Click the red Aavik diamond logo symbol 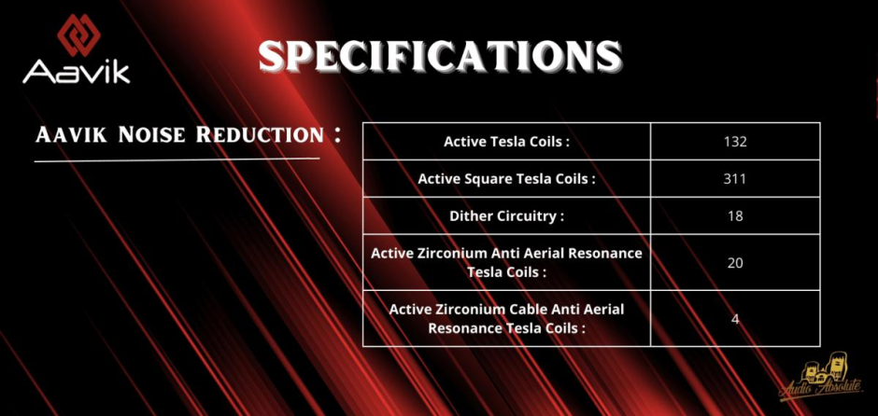78,35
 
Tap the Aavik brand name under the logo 77,72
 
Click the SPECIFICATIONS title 440,56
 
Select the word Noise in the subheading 151,135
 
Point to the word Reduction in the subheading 260,135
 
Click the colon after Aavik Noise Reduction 337,134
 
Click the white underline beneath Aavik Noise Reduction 177,159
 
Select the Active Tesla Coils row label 506,142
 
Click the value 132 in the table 735,142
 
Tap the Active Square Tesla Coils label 506,179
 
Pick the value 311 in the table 735,179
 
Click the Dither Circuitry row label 506,215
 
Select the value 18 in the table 735,215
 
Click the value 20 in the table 735,262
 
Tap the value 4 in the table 735,319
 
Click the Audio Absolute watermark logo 821,378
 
